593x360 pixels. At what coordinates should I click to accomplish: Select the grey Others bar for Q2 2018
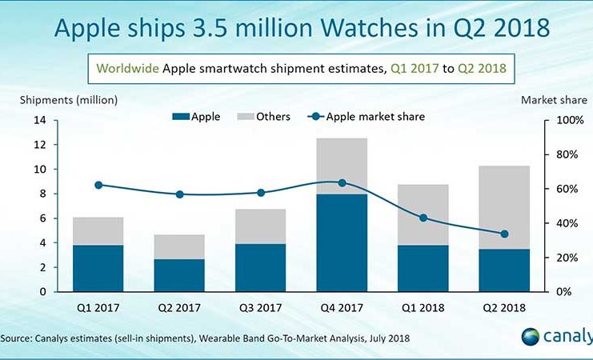coord(503,207)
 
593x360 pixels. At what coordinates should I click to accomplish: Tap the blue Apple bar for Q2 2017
coord(180,275)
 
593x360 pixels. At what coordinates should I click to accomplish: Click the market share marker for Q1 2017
coord(98,185)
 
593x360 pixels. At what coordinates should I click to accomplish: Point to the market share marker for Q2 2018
coord(504,234)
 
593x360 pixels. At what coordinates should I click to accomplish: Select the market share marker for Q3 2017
coord(261,193)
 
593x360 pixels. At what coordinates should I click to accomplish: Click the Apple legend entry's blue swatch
coord(181,117)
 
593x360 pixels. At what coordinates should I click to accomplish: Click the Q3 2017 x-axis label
coord(261,307)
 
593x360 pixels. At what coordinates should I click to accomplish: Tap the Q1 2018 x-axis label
coord(423,307)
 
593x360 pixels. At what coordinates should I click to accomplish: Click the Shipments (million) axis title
coord(70,100)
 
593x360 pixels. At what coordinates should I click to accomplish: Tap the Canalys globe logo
coord(531,336)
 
